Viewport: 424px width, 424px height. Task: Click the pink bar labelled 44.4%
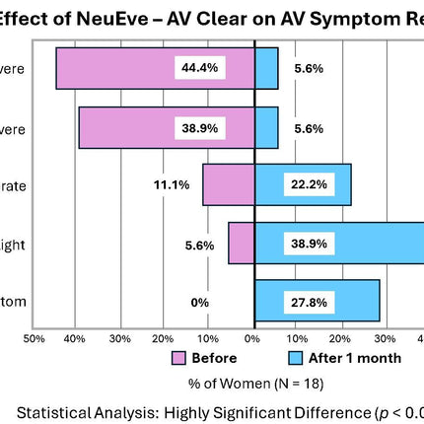click(x=118, y=68)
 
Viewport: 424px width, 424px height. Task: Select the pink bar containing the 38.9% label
click(x=128, y=128)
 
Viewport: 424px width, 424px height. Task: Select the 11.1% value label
click(x=173, y=185)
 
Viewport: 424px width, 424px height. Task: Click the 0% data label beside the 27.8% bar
click(x=200, y=302)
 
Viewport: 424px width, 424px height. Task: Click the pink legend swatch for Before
click(x=178, y=358)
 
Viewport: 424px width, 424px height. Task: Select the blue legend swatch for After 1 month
click(x=293, y=358)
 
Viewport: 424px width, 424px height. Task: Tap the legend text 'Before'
click(x=215, y=358)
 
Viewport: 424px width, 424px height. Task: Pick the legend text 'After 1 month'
click(x=354, y=358)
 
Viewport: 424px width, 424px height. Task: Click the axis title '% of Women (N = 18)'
click(x=253, y=382)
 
